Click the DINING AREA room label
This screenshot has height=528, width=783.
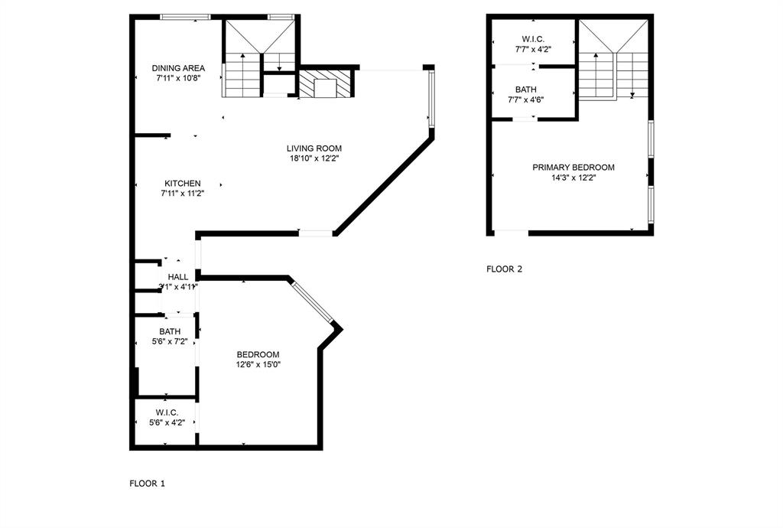point(178,68)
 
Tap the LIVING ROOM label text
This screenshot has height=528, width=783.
point(314,148)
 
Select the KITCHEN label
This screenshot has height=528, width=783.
point(182,184)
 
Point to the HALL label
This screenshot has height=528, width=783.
point(178,277)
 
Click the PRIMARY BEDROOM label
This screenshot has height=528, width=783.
point(573,168)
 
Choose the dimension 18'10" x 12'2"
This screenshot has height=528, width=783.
point(314,159)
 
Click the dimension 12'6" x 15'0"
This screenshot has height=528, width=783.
point(258,365)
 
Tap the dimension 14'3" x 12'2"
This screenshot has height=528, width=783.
point(573,178)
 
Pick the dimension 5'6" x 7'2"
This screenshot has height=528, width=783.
point(170,341)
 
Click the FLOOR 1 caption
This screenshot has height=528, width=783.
point(147,484)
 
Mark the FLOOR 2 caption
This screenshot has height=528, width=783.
point(505,269)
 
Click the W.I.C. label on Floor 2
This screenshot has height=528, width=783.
point(532,39)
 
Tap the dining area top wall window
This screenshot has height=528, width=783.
point(186,17)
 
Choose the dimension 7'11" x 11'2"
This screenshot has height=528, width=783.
point(182,194)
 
